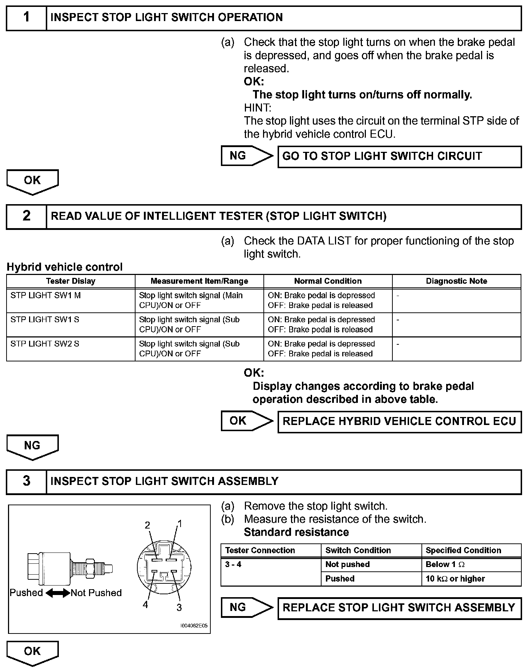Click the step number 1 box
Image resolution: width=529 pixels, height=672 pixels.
pos(27,18)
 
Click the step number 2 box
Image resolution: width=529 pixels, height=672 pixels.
pos(27,216)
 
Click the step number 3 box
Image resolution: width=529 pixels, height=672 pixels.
pos(27,482)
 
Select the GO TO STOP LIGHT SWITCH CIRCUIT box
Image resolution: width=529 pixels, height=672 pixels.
pos(399,157)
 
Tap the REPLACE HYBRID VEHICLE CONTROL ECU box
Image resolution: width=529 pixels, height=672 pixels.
pos(399,422)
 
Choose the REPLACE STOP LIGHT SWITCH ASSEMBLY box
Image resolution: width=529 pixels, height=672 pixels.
pos(399,608)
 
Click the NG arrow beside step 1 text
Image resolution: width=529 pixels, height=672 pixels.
pos(247,156)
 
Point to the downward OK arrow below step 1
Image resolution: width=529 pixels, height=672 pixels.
pos(32,182)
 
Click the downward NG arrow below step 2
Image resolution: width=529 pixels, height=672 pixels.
pos(32,447)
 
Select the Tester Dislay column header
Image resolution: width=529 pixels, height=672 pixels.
pos(71,281)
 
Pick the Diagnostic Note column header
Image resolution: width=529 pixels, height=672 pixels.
pos(456,281)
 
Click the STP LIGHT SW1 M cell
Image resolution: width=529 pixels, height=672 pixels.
pos(71,300)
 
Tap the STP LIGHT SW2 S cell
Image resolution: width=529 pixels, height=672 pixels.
pos(71,349)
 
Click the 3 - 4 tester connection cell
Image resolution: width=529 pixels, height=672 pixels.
pos(270,572)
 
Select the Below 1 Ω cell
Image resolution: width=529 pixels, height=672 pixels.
pos(471,564)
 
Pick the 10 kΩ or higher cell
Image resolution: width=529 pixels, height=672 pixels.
pos(471,579)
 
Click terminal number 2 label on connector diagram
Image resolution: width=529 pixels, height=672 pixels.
pos(148,525)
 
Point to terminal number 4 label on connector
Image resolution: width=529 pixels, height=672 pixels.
pos(145,605)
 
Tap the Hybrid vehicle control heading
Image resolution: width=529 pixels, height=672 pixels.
pos(65,267)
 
